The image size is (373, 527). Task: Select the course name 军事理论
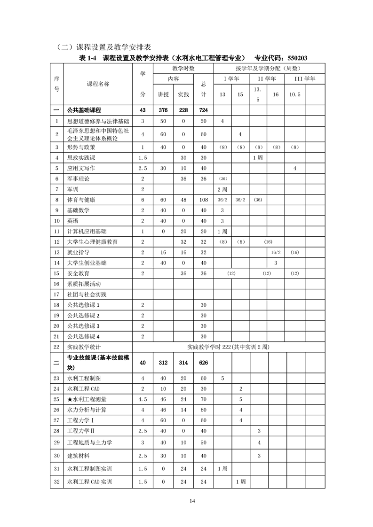79,178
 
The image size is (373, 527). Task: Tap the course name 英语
73,221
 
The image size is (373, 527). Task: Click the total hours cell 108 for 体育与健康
204,200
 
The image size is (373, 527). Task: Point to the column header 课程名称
98,84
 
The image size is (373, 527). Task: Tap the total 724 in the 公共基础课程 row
204,110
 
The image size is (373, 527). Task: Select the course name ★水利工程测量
87,399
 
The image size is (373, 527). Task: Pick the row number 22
56,347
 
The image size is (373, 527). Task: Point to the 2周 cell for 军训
222,189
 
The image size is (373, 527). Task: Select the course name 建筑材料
79,456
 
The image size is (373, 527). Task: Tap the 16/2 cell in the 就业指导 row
276,252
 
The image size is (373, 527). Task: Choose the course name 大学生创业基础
87,263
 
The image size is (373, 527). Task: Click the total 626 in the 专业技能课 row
204,363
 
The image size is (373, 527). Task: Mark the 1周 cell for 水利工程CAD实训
240,481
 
